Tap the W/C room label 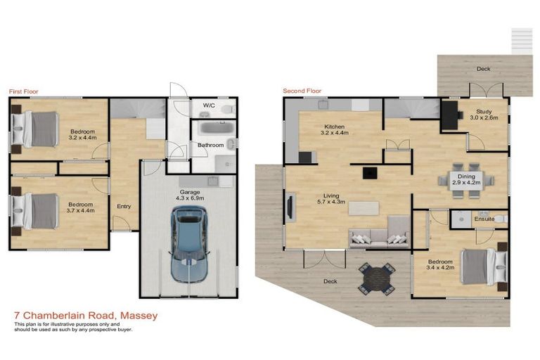(x=209, y=105)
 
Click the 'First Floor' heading (x=23, y=91)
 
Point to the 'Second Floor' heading (x=302, y=91)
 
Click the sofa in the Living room (x=379, y=235)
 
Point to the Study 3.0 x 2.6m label (x=484, y=115)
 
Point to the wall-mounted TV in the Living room (x=290, y=207)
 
